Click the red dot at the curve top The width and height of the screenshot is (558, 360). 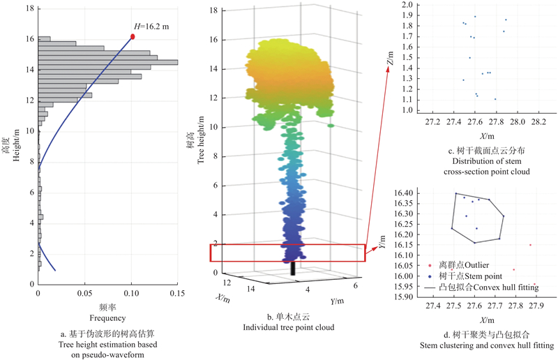[133, 36]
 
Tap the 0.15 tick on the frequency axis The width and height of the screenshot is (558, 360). [177, 293]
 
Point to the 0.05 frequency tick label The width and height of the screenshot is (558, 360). [85, 293]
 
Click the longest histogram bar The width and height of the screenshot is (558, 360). [108, 62]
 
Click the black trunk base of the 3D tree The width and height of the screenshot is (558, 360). [293, 269]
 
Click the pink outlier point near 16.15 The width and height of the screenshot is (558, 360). [530, 245]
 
